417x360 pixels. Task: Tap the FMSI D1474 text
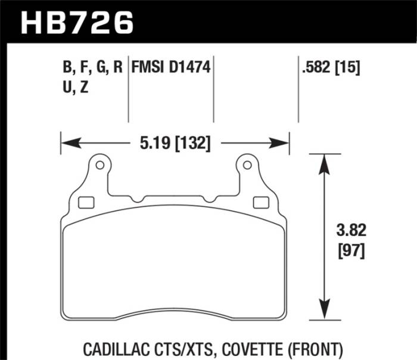pyautogui.click(x=171, y=67)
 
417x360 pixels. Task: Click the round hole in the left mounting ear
pyautogui.click(x=99, y=165)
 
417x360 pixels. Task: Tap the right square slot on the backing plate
pyautogui.click(x=260, y=202)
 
